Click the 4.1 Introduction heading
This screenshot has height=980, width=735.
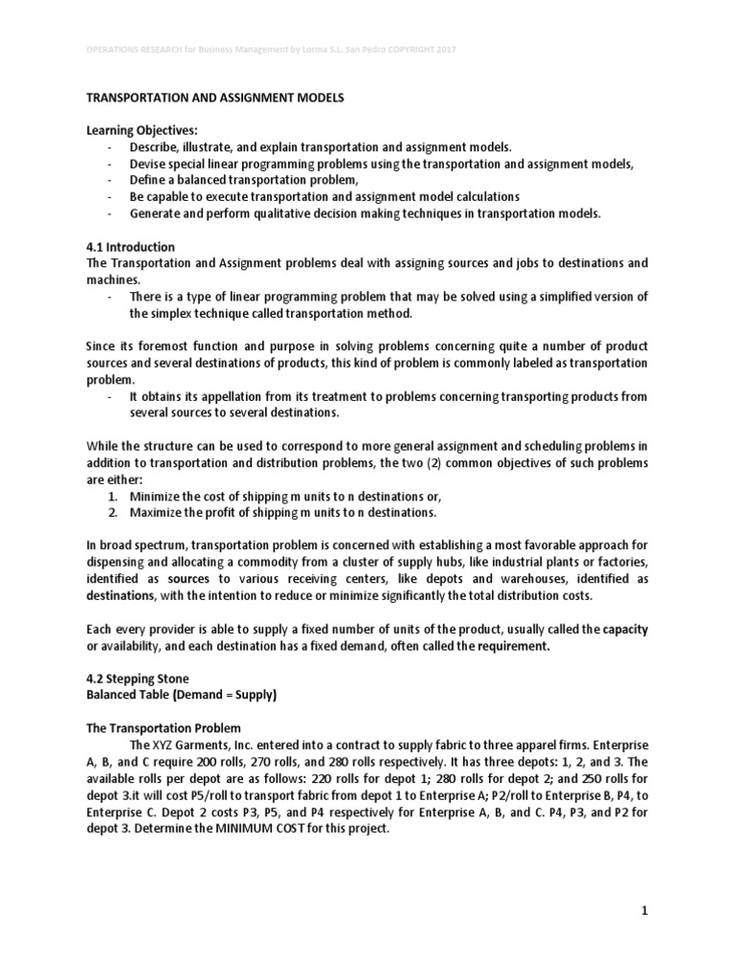point(131,246)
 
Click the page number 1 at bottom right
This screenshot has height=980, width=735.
point(645,911)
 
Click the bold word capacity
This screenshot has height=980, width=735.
point(624,629)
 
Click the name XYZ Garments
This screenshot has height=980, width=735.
point(189,744)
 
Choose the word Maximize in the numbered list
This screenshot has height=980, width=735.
point(159,512)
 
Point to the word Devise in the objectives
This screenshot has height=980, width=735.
point(149,164)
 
